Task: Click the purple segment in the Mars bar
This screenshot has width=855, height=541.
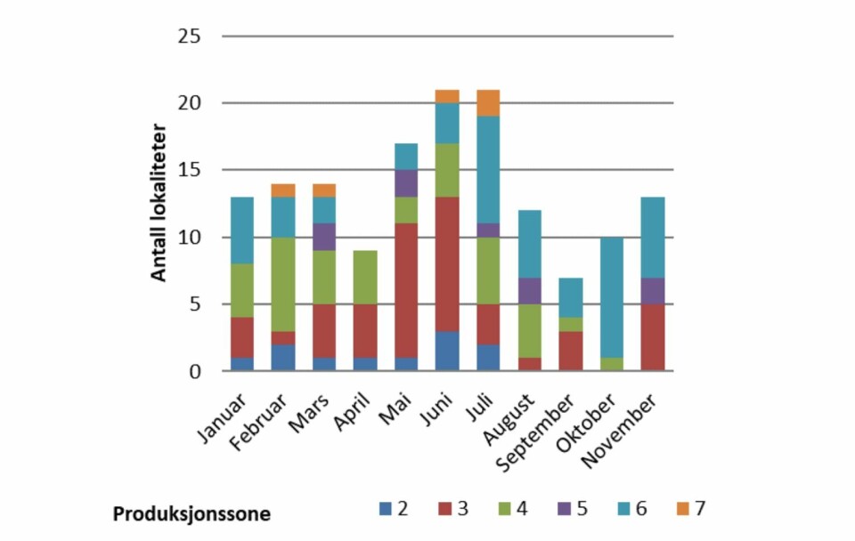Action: coord(325,237)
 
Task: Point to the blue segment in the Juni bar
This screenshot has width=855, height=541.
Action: coord(447,351)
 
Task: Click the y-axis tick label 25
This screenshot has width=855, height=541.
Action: coord(188,36)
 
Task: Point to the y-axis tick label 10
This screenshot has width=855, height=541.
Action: coord(188,238)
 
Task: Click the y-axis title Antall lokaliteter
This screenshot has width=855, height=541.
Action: coord(159,204)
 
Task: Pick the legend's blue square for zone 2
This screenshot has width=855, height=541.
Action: coord(385,509)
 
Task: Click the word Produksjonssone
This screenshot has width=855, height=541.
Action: coord(191,514)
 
